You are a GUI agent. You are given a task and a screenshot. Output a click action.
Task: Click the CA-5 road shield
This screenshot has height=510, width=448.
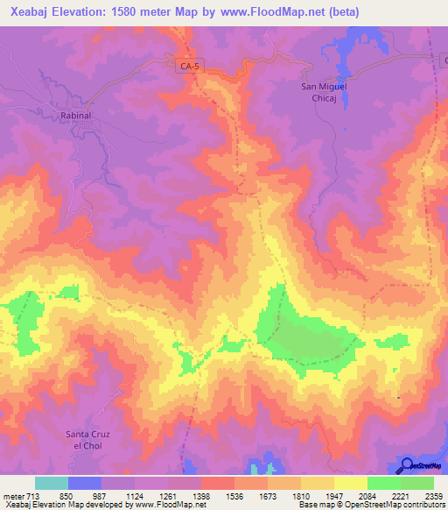(185, 64)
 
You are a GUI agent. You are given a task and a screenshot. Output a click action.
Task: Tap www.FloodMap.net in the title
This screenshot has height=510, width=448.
(273, 11)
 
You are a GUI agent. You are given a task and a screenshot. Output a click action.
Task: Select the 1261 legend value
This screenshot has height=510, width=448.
(170, 496)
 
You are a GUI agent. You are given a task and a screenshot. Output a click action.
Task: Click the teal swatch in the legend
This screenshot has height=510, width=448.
(52, 483)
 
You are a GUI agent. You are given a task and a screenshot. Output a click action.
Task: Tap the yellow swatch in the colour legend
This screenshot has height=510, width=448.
(350, 483)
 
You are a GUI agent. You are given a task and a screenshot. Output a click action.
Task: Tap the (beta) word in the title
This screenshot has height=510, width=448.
(341, 11)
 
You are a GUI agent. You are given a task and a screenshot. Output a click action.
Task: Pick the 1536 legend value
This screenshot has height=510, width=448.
(234, 496)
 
